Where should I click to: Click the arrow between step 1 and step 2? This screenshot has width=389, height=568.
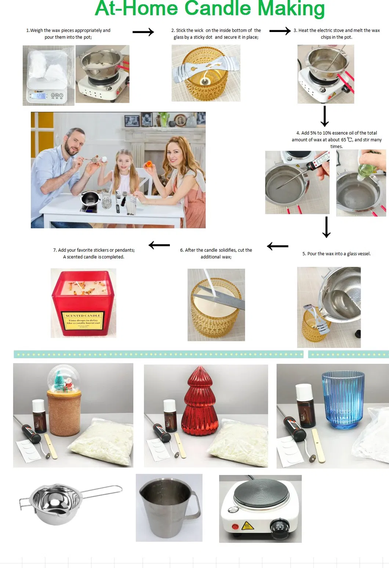(143, 32)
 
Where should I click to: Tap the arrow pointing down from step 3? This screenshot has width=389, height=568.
(324, 116)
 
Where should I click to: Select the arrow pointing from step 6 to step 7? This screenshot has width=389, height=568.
(159, 245)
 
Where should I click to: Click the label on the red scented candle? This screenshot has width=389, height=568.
(83, 320)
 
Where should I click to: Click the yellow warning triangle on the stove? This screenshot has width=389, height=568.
(247, 526)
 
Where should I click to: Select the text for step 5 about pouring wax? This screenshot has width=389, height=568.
(336, 254)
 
